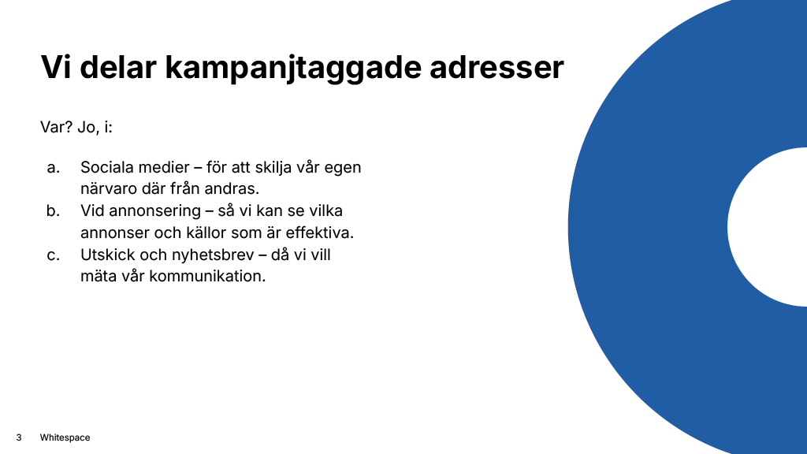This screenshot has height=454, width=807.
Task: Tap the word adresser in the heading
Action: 496,68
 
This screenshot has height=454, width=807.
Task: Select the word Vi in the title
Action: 55,68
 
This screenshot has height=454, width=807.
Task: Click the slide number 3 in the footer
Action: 18,437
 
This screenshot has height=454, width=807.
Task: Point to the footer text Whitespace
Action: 65,437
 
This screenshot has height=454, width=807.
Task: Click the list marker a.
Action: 54,168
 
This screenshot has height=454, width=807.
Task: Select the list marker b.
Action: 54,211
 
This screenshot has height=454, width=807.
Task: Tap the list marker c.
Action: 54,255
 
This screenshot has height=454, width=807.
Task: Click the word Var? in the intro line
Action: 56,127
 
